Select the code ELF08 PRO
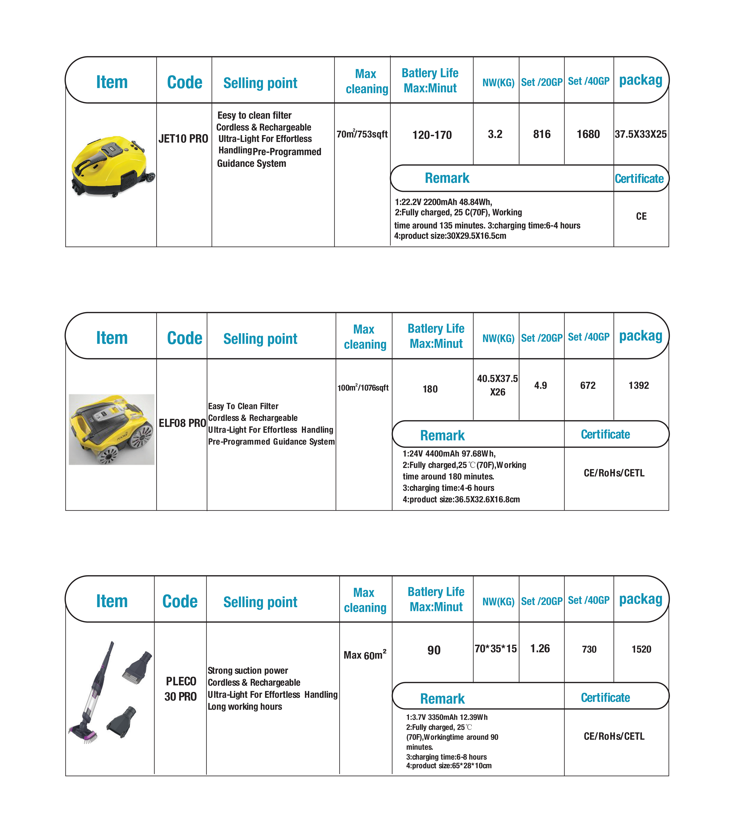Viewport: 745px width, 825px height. point(182,423)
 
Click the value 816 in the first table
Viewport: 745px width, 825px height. point(542,134)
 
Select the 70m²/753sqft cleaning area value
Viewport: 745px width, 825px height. point(362,134)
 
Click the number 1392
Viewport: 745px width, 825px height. point(639,386)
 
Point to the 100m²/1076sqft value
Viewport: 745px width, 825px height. point(363,387)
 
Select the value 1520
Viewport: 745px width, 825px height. point(641,650)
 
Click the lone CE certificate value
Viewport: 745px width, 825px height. point(641,217)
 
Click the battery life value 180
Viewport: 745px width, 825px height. point(430,389)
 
